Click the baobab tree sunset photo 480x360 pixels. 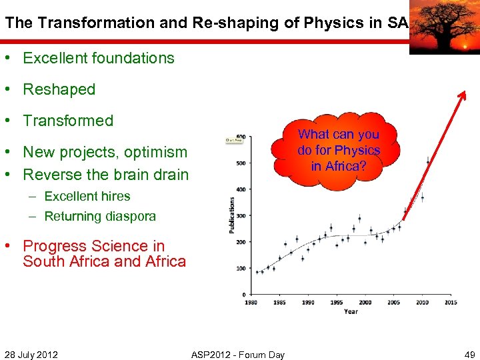[x=443, y=27]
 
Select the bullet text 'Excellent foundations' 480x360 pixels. [x=99, y=58]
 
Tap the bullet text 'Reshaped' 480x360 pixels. [x=59, y=89]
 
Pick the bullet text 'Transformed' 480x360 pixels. [x=68, y=121]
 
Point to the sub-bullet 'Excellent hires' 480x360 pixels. [x=87, y=197]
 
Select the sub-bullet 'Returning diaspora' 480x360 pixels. [x=100, y=216]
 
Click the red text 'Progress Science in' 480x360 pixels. [x=93, y=246]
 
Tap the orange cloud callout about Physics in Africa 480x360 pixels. [x=339, y=151]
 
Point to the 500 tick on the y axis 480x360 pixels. [x=240, y=163]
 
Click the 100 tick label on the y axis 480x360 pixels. [x=240, y=268]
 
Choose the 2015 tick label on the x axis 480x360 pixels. [x=451, y=302]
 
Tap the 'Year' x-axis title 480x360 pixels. [x=351, y=311]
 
